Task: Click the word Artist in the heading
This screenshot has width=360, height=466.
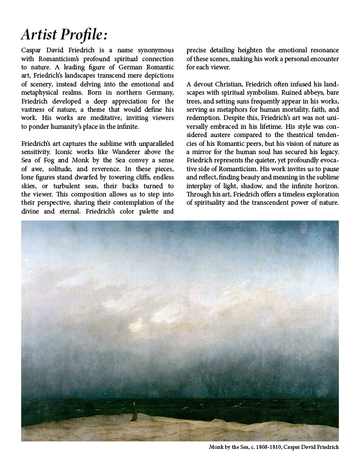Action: (x=41, y=35)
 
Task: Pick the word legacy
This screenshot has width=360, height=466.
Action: (x=326, y=153)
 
